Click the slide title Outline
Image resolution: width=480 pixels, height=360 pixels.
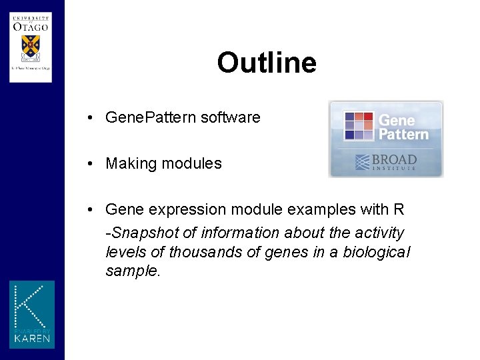tap(266, 63)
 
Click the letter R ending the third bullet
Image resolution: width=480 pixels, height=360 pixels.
tap(399, 209)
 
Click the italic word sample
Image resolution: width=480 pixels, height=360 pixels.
tap(132, 271)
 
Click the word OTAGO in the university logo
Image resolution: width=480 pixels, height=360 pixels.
tap(30, 27)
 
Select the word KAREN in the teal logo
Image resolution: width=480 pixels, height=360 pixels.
tap(32, 338)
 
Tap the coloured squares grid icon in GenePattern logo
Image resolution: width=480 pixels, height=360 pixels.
tap(359, 125)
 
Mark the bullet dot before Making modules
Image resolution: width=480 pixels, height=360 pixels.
tap(89, 163)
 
